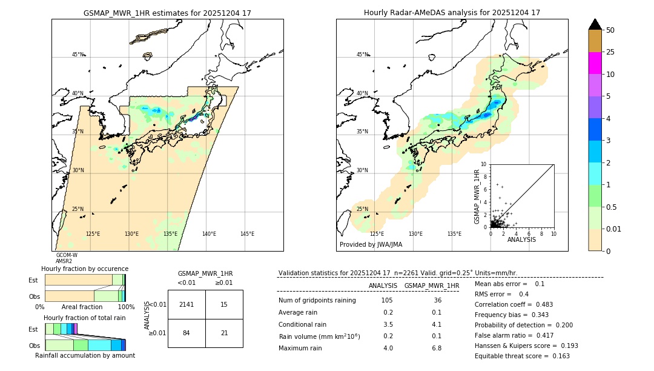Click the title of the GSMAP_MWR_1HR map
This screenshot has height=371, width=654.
(167, 13)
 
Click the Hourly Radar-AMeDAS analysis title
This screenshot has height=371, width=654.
(452, 13)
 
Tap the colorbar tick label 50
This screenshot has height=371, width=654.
(610, 30)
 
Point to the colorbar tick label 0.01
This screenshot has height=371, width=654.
(614, 229)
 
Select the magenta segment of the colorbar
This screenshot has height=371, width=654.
(595, 63)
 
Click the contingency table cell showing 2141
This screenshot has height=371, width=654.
(187, 304)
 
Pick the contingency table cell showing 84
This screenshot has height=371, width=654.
(187, 333)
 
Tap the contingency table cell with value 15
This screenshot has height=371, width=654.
(224, 304)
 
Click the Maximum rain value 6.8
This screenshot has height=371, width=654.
(436, 348)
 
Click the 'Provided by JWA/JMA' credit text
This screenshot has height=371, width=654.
(371, 245)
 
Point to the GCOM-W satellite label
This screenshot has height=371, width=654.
(67, 255)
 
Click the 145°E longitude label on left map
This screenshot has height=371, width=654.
(247, 234)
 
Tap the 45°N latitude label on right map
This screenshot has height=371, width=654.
(362, 55)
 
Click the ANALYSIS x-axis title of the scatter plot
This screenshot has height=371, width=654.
(521, 239)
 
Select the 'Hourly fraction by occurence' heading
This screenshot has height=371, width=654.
(85, 269)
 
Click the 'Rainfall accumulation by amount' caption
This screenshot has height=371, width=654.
(85, 355)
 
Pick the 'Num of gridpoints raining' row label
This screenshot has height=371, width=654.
(317, 301)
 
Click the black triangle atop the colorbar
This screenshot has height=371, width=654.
(595, 24)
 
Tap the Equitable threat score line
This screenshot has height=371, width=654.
(522, 356)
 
